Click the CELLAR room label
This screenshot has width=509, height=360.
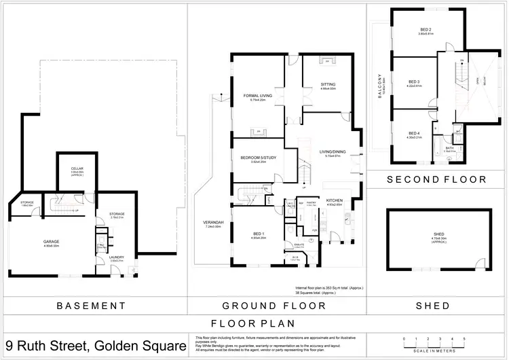pos(77,169)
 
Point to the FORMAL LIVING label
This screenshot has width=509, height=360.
pos(257,96)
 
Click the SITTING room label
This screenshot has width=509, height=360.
pos(328,84)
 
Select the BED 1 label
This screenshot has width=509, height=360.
pos(258,234)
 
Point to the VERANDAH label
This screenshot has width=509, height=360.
pos(213,222)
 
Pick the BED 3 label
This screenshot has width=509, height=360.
pos(414,82)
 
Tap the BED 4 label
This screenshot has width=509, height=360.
pos(414,133)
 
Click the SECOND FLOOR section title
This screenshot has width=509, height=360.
pos(436,180)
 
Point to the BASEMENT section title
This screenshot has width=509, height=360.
pos(92,306)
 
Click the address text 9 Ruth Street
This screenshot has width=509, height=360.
pos(96,346)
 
